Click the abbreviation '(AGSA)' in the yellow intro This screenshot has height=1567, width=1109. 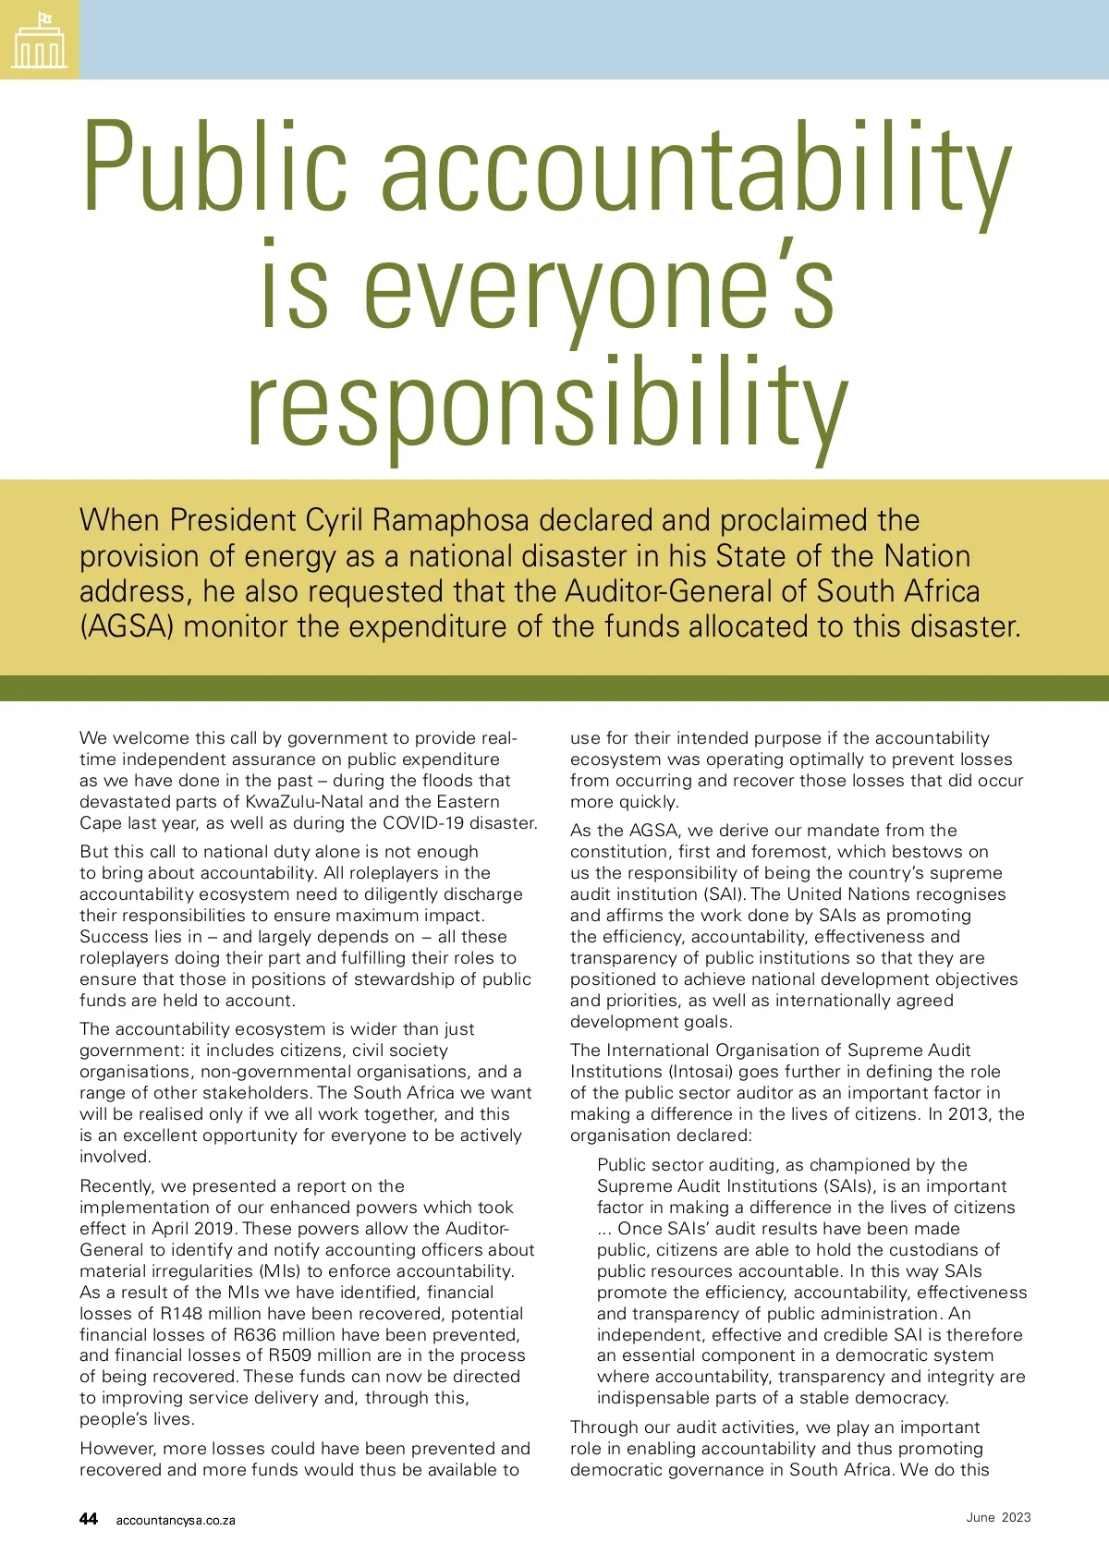[127, 627]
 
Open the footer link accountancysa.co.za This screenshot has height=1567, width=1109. [176, 1521]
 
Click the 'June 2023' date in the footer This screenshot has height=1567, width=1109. [998, 1518]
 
